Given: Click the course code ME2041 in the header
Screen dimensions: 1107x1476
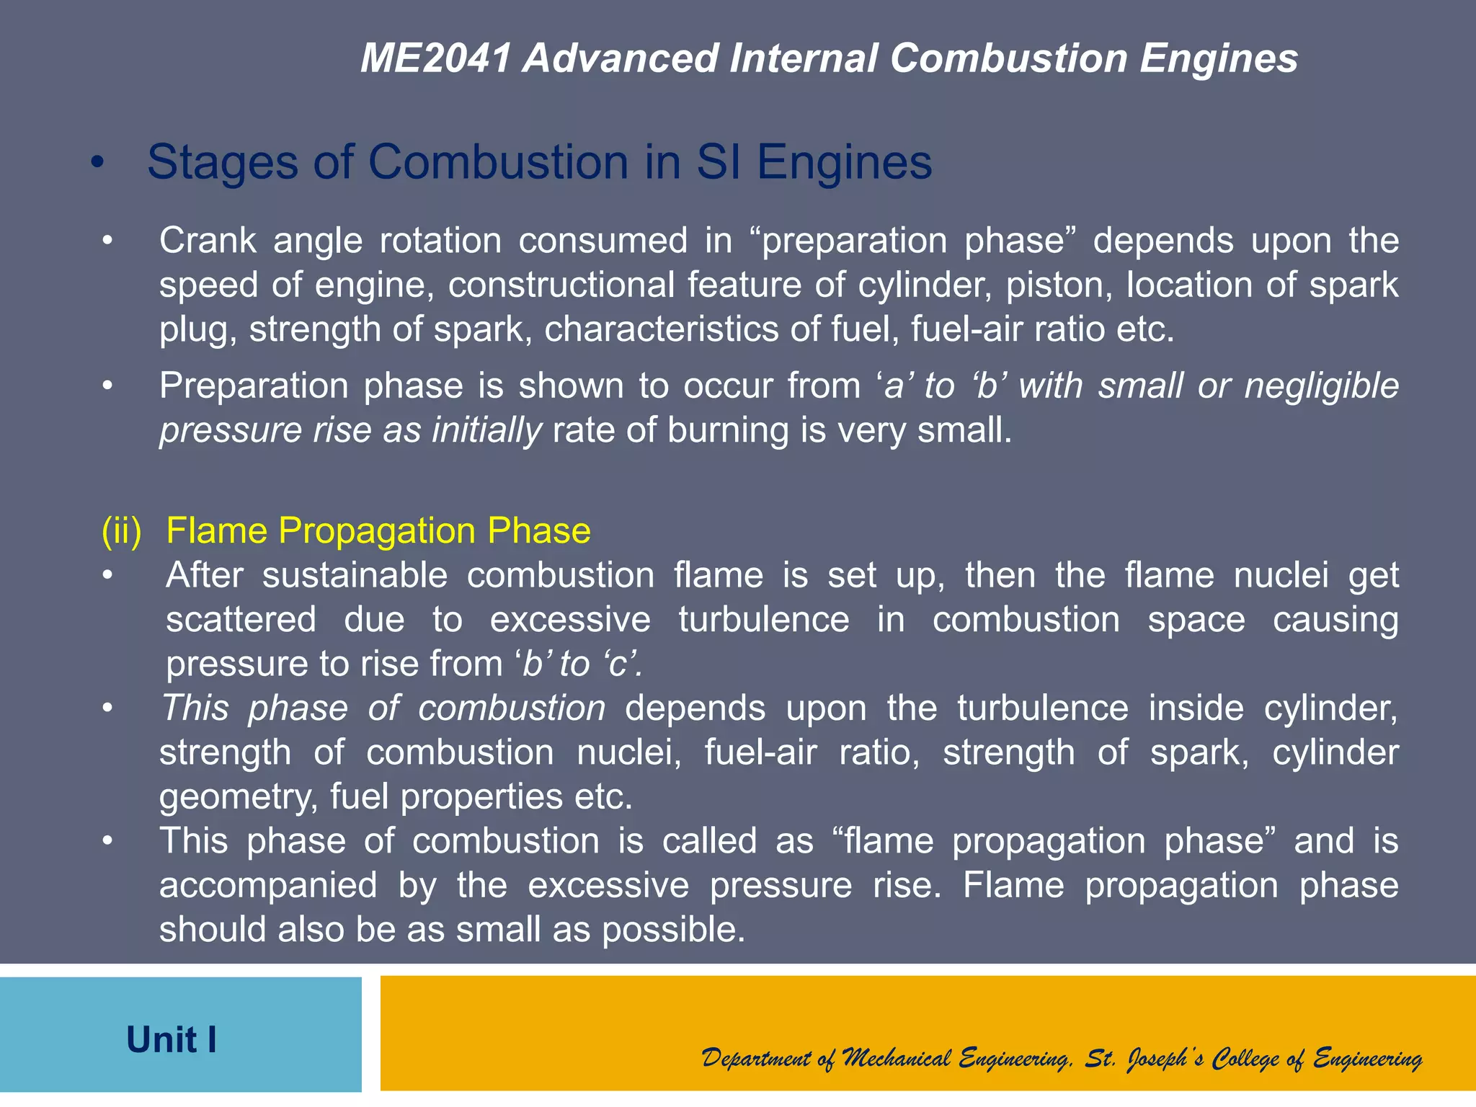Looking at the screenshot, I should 436,58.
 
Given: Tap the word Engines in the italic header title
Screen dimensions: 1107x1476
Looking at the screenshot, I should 1219,58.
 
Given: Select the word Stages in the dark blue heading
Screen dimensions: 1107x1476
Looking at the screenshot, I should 223,162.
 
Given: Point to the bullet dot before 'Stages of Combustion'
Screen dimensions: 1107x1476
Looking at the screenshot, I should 98,164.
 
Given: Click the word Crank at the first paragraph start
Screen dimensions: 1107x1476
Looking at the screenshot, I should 208,241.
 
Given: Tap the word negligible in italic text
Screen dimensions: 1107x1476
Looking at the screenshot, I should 1321,386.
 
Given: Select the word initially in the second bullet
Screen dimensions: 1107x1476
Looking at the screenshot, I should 486,431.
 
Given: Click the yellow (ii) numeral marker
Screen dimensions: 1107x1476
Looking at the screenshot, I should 122,531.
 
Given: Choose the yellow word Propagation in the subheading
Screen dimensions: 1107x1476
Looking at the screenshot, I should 376,531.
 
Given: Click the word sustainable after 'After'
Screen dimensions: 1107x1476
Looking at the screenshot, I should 355,576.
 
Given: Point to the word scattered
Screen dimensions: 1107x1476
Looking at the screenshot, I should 241,620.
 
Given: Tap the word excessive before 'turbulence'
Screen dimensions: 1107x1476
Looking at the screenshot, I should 570,620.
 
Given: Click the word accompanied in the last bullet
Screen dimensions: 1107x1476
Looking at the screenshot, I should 268,886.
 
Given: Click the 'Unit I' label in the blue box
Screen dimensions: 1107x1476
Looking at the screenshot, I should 172,1040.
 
